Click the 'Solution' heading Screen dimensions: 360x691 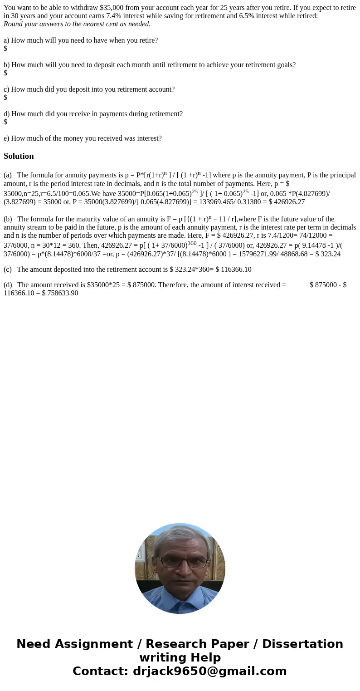point(19,156)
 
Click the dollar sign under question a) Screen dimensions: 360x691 point(5,49)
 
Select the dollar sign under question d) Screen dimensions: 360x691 point(5,122)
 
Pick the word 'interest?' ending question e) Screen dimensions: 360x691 point(147,138)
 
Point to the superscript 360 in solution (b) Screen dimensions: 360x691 point(192,243)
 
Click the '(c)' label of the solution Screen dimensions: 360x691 point(8,270)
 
